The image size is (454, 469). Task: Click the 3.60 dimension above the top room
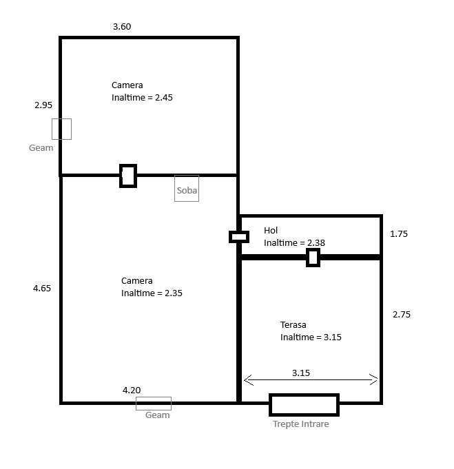[122, 27]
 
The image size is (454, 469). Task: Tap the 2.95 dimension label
[43, 105]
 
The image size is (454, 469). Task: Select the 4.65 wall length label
[42, 288]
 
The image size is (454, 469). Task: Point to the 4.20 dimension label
[132, 390]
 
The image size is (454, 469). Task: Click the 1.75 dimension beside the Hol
[399, 233]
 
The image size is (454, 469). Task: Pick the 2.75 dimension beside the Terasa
[402, 314]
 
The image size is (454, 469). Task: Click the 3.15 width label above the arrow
[301, 373]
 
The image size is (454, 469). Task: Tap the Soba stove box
[187, 189]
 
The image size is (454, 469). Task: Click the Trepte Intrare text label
[301, 424]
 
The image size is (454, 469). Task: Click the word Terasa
[293, 325]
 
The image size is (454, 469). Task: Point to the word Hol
[271, 230]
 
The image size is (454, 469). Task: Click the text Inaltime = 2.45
[142, 98]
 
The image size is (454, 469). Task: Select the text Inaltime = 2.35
[152, 293]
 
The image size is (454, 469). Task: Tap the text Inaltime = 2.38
[294, 243]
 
